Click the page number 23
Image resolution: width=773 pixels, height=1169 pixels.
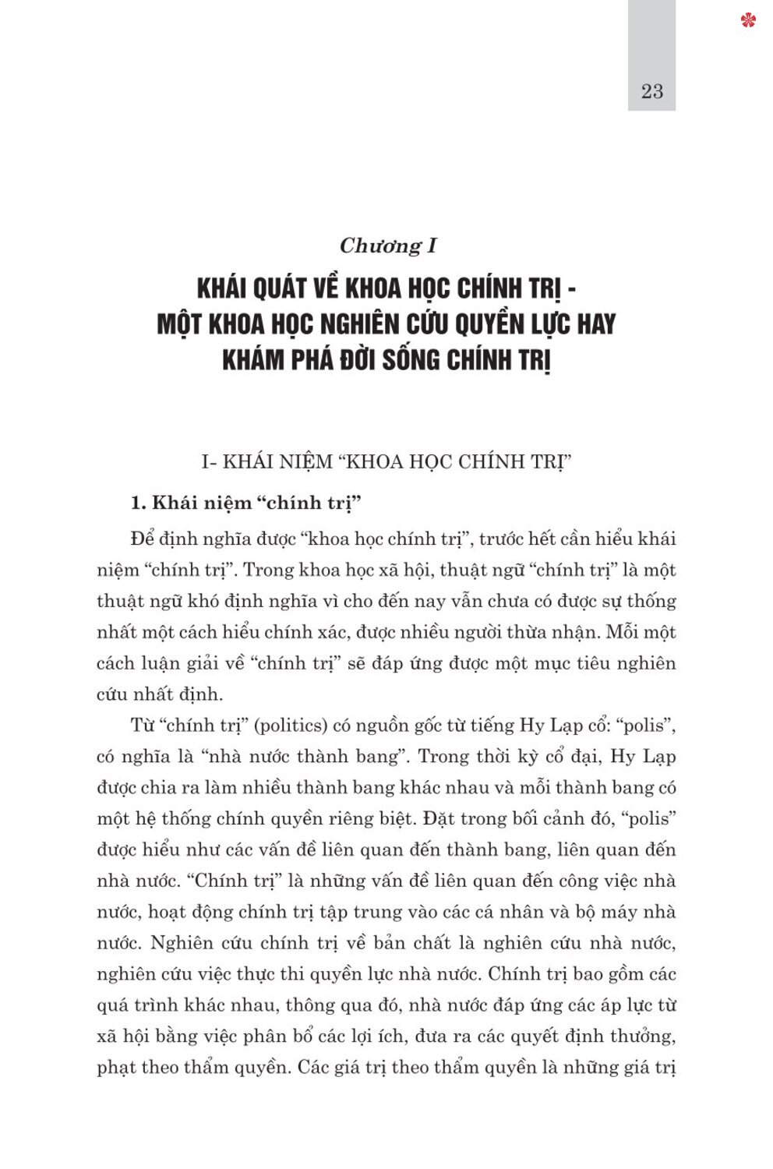[x=651, y=91]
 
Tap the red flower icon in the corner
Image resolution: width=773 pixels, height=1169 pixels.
[x=748, y=19]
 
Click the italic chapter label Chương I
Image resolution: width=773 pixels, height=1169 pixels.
[x=388, y=245]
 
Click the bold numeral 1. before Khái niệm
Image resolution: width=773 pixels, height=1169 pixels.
[x=139, y=503]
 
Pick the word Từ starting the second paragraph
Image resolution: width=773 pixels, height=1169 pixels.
[x=142, y=726]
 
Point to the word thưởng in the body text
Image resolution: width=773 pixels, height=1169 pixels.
[x=642, y=1036]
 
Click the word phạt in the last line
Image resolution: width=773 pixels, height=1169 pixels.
[x=116, y=1067]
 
